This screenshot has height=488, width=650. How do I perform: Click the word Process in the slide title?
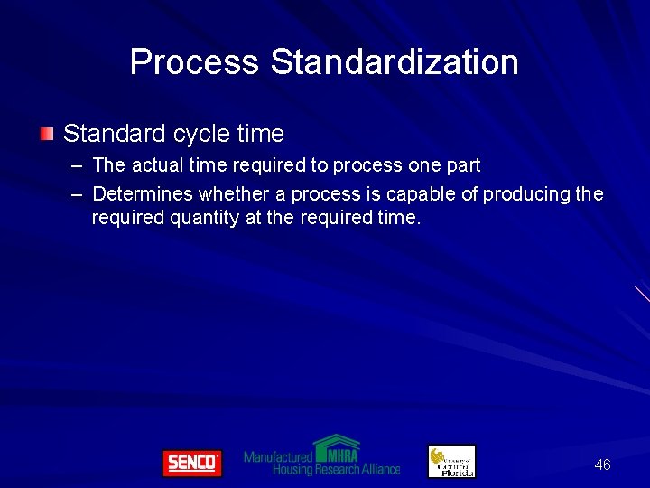194,62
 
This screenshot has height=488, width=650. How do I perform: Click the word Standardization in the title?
395,62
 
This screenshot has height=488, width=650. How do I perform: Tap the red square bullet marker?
46,135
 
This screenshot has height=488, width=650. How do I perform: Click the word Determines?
143,193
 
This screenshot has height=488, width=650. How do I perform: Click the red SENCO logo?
191,463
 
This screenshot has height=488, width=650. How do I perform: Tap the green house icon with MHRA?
336,447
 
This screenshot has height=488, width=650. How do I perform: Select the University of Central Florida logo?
451,461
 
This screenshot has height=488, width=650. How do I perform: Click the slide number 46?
602,465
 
